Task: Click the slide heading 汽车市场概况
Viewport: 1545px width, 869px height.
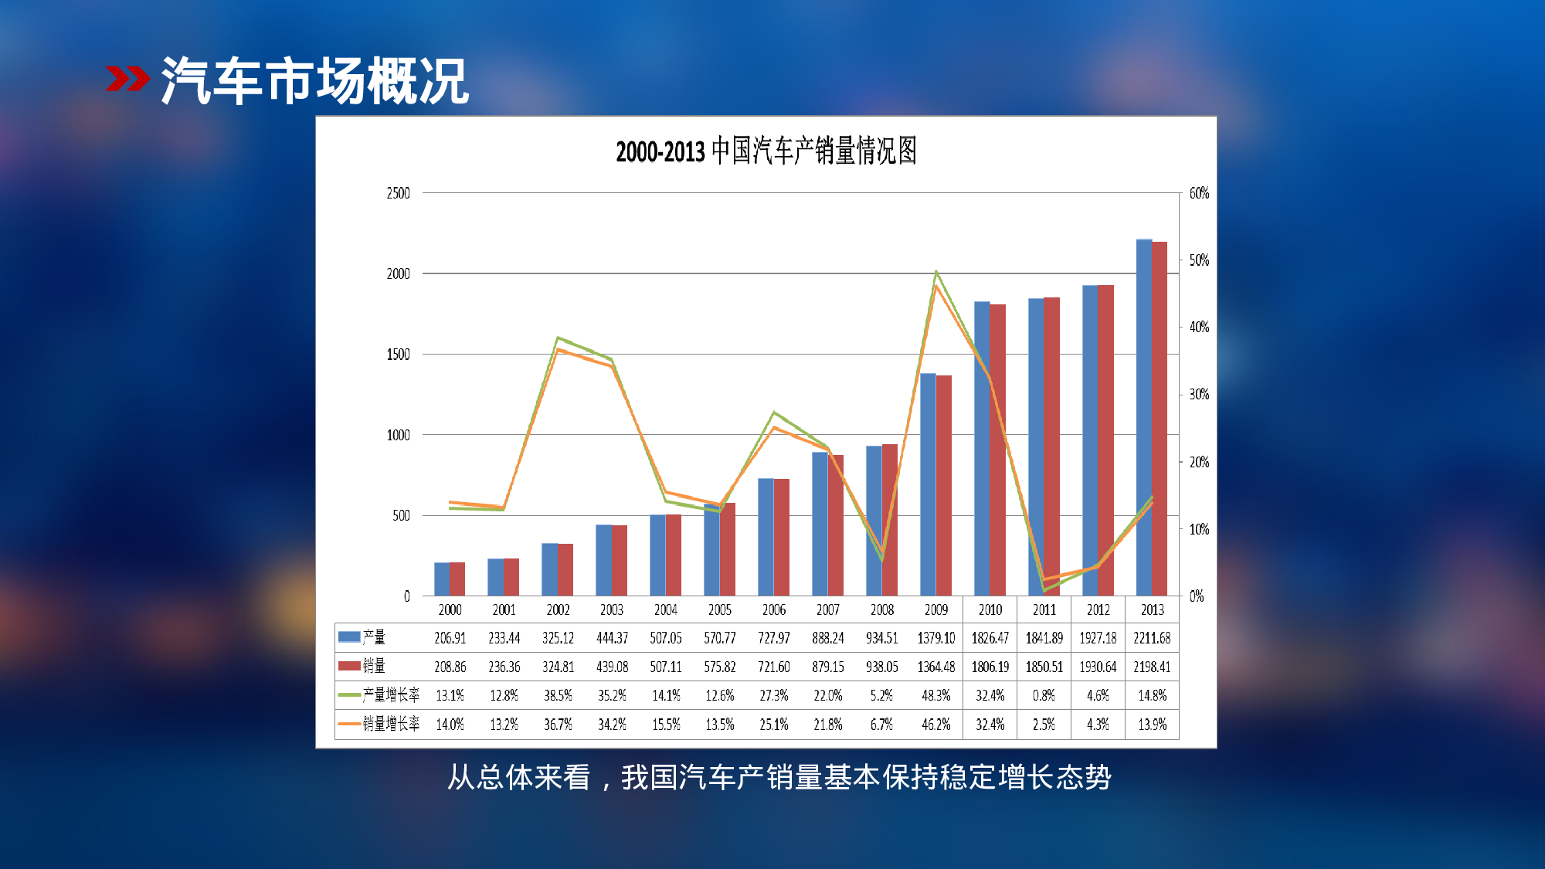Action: [x=314, y=80]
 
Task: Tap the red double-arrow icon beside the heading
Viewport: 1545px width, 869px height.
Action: [x=127, y=79]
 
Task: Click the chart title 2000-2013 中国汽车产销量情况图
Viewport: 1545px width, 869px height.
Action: [x=766, y=151]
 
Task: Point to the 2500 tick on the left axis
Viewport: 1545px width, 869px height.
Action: [x=398, y=193]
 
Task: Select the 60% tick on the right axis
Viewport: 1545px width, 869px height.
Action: [x=1199, y=193]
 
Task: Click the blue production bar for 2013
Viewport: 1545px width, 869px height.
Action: [x=1144, y=417]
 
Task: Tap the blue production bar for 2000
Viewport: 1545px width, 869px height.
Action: [x=442, y=579]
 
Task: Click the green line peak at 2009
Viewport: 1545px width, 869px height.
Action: [x=936, y=272]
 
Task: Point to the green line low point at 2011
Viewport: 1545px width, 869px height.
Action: [x=1044, y=591]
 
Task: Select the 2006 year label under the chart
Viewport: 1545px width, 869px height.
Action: [x=774, y=610]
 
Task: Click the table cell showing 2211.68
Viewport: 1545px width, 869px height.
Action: [x=1152, y=638]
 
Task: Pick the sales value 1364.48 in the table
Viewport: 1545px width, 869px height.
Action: [x=936, y=667]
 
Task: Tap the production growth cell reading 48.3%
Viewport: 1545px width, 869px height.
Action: [x=936, y=695]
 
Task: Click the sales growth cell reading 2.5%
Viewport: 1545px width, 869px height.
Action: [x=1044, y=725]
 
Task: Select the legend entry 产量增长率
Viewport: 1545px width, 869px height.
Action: [x=391, y=694]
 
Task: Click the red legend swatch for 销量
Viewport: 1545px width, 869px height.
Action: [x=349, y=666]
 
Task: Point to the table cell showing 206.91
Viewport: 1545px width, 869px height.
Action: [x=450, y=638]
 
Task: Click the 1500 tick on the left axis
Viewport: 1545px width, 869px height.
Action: [x=398, y=355]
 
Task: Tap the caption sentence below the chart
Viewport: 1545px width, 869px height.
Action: [x=779, y=777]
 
